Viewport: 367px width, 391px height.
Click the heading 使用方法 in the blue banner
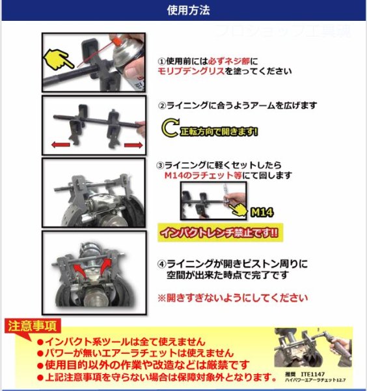point(183,10)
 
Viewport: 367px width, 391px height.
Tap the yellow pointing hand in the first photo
point(59,61)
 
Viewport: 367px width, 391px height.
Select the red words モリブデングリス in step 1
point(191,72)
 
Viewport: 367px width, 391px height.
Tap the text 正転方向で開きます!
point(219,131)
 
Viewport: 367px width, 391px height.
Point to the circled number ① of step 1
point(162,61)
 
